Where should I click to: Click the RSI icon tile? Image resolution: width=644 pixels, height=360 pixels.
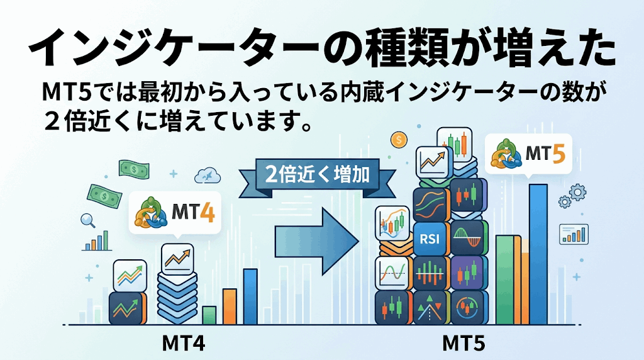tap(429, 239)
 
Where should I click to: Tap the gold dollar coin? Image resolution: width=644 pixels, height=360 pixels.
tap(399, 140)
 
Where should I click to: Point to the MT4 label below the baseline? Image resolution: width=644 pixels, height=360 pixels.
tap(184, 344)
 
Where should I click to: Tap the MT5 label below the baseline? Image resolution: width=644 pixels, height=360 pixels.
tap(464, 344)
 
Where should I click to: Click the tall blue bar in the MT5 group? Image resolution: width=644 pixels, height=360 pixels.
tap(538, 254)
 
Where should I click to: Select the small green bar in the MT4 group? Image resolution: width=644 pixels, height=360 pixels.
tap(209, 315)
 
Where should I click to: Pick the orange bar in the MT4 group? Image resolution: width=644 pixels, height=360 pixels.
tap(230, 307)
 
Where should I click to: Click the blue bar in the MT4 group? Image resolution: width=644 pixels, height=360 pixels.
tap(250, 296)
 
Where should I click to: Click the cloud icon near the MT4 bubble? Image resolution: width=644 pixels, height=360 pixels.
tap(208, 176)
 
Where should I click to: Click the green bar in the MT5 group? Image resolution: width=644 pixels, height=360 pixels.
tap(505, 280)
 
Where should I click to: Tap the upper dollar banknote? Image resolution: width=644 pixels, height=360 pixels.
tap(134, 169)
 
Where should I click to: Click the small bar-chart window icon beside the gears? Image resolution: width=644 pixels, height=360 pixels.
tap(574, 234)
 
